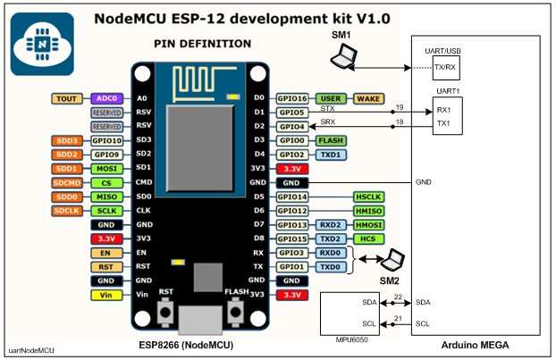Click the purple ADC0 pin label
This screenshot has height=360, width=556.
(105, 99)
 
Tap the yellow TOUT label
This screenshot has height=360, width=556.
(67, 99)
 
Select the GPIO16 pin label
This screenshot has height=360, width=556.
(291, 99)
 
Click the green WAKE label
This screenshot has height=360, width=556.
(368, 99)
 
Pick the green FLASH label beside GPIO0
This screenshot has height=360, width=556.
(331, 141)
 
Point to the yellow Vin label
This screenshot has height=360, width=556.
(105, 294)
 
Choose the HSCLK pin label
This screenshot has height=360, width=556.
(368, 197)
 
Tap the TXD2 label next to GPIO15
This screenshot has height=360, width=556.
(331, 239)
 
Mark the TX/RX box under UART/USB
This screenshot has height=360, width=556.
(444, 67)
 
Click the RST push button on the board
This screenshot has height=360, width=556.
(165, 312)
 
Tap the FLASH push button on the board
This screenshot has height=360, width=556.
(237, 312)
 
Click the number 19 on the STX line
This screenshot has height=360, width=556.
(399, 107)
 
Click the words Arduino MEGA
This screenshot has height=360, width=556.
(475, 345)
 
